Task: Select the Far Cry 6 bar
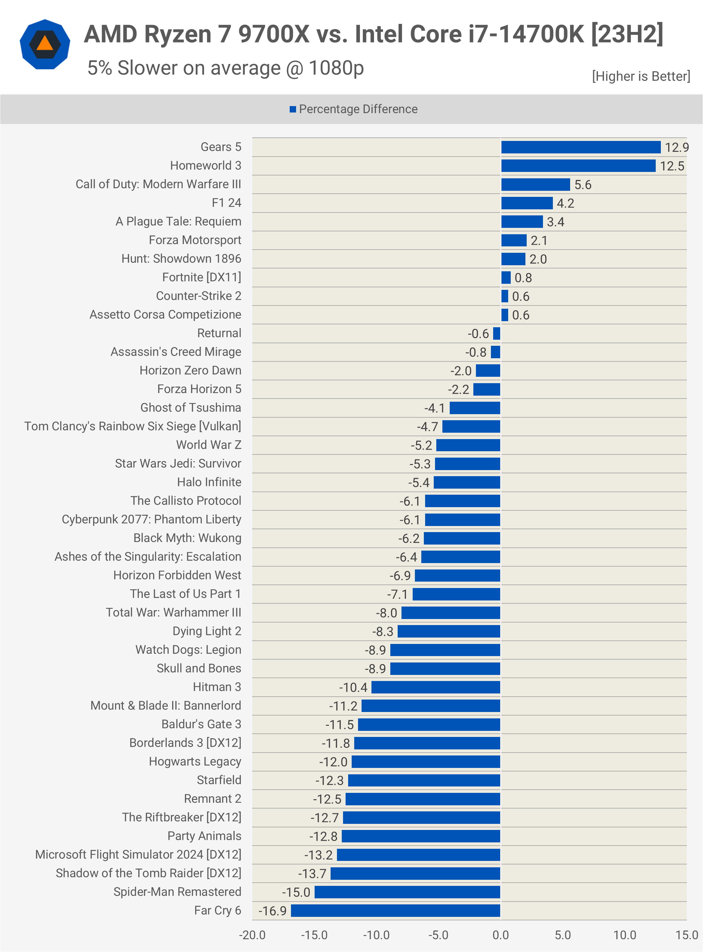click(395, 911)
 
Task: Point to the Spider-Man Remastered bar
click(407, 892)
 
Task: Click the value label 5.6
click(583, 185)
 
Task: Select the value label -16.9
click(272, 911)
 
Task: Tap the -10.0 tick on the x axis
click(376, 935)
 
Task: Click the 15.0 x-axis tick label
click(686, 935)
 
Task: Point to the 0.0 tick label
click(501, 935)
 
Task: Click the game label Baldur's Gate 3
click(201, 724)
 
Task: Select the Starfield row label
click(219, 780)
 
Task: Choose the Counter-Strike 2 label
click(198, 296)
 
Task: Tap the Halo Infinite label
click(209, 482)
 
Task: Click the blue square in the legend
click(293, 109)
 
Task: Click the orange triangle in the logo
click(45, 43)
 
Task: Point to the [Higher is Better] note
click(641, 76)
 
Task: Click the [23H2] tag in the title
click(627, 34)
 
